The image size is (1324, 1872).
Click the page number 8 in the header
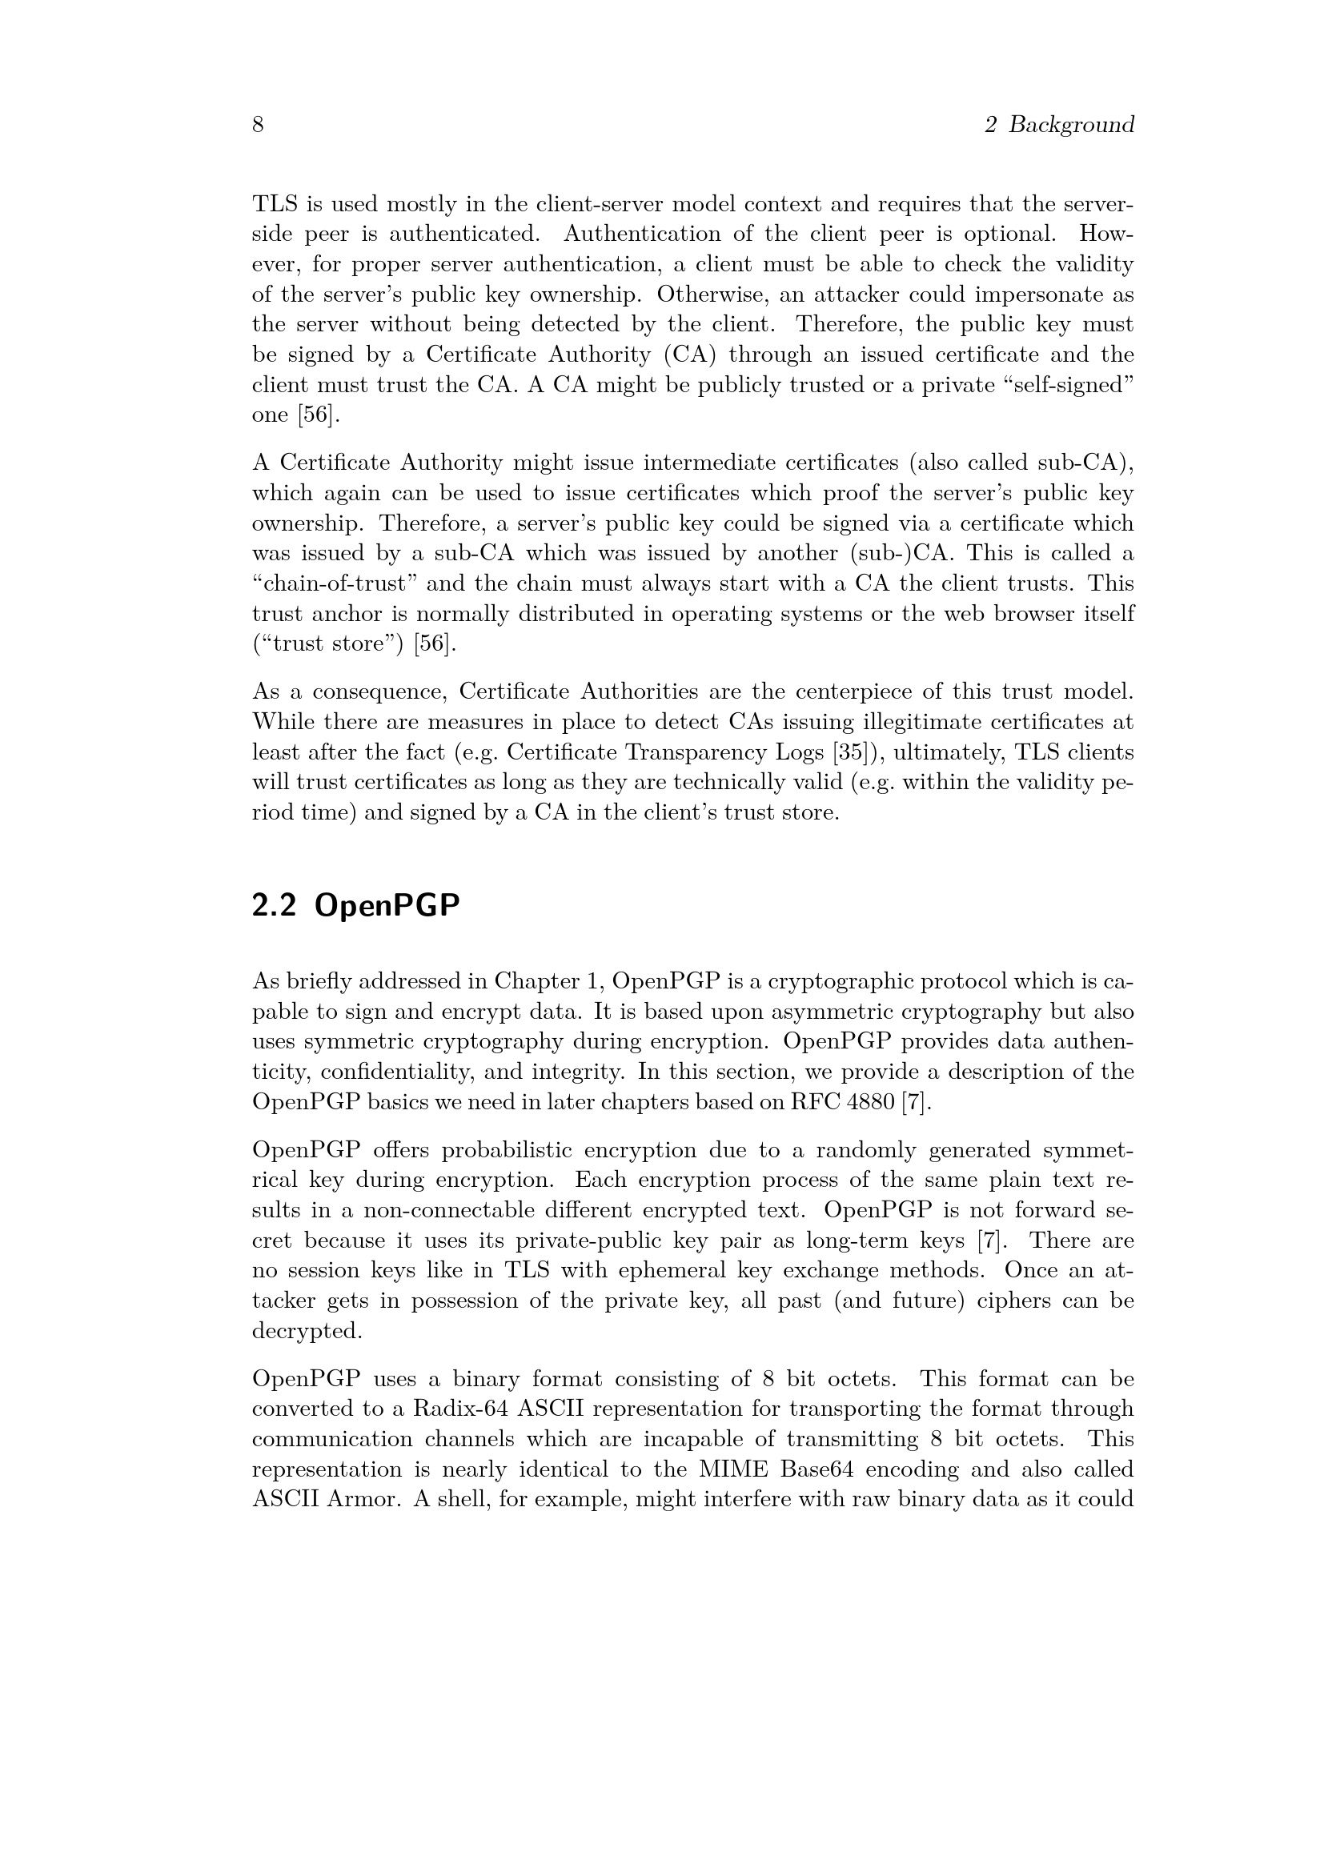258,125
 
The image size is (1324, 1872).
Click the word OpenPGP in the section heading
387,905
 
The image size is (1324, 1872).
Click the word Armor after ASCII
360,1498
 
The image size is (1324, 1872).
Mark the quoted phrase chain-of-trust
335,583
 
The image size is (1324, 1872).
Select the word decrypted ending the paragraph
307,1331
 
